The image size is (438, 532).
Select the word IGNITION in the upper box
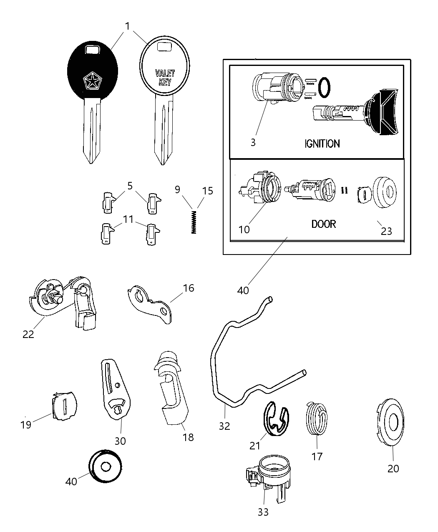click(322, 144)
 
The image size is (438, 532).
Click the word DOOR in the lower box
click(324, 224)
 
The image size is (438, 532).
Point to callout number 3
click(253, 142)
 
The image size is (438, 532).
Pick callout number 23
click(386, 231)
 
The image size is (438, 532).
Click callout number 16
click(189, 288)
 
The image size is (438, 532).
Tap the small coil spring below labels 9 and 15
click(194, 222)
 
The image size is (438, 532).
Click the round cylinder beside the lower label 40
click(105, 466)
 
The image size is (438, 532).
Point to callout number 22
click(28, 334)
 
